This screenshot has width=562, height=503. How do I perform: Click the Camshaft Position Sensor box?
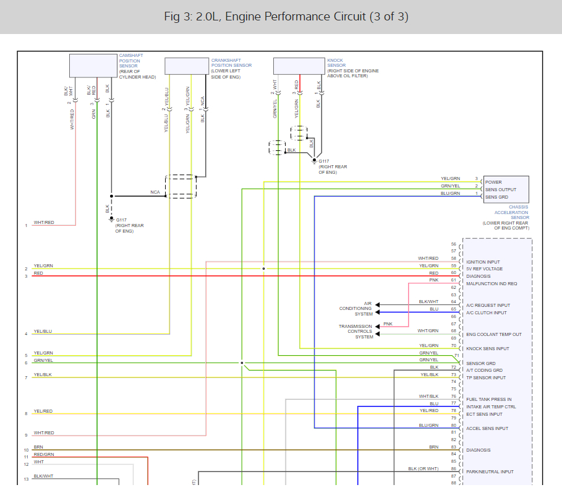point(93,66)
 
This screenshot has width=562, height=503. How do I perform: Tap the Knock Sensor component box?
point(299,66)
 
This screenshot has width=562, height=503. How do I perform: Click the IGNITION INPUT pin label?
point(483,262)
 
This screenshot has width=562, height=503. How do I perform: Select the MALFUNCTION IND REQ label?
point(492,283)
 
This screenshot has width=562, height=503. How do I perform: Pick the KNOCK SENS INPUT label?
point(488,349)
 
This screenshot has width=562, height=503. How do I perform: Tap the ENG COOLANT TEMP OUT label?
point(494,335)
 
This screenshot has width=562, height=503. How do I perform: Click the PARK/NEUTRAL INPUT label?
point(490,472)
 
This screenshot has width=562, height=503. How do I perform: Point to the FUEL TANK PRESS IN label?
point(488,400)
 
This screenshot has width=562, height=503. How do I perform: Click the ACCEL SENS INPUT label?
point(487,428)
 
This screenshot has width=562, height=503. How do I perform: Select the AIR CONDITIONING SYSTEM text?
point(356,309)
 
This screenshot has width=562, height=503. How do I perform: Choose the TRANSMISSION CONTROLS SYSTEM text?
point(356,332)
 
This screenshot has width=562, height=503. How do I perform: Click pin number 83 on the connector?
point(453,447)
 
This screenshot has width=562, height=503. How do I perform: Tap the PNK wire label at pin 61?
point(434,280)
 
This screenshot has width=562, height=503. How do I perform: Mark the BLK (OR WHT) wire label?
point(423,469)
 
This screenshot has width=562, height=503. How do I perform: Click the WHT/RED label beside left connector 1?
point(44,223)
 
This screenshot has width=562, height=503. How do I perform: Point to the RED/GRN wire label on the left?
point(44,454)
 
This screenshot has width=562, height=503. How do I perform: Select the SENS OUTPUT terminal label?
point(499,190)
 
